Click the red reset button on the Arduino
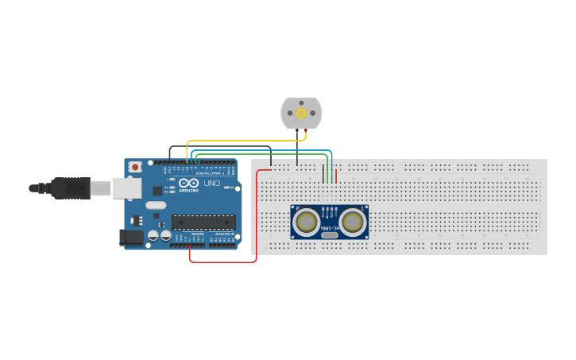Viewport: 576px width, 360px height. (x=136, y=167)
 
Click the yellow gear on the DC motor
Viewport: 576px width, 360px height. (x=302, y=113)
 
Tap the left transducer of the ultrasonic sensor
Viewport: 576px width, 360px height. (x=306, y=222)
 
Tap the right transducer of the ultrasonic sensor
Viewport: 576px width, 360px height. (x=354, y=222)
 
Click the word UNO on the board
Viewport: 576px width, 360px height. (x=211, y=184)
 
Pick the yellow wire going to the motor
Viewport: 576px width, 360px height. (x=238, y=141)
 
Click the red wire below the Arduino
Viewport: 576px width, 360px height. (x=222, y=261)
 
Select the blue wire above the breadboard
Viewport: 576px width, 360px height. (x=262, y=150)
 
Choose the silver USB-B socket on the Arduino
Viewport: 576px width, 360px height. (x=126, y=188)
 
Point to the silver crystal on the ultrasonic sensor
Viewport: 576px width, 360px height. (x=330, y=235)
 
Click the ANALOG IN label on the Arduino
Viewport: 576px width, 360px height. (x=222, y=234)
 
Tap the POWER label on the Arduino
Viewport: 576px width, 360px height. (x=196, y=234)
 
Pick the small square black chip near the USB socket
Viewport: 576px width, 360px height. (x=157, y=190)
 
